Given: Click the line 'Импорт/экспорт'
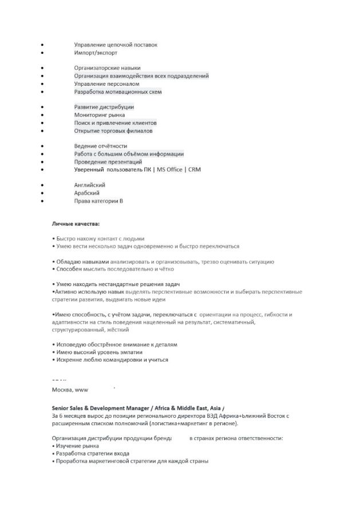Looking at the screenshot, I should (x=96, y=53).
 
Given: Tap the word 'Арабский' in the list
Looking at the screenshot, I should (x=86, y=193).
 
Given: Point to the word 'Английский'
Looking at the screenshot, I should (x=89, y=185).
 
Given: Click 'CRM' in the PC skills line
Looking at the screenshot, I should (x=195, y=170).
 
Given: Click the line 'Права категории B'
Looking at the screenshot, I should (x=98, y=201).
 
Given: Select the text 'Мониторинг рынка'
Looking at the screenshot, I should (x=99, y=115).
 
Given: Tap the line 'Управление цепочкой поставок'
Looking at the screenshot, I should (x=115, y=45).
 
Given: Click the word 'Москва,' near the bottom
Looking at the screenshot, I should (x=62, y=390).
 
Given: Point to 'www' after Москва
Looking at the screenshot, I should (x=81, y=390).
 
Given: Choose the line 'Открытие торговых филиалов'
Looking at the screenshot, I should (x=113, y=131).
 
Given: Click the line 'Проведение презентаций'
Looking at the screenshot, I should (x=108, y=162).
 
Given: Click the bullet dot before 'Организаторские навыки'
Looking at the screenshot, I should (x=42, y=68).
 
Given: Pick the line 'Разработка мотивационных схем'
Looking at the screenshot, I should (x=118, y=92).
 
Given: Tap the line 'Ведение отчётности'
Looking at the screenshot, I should (x=100, y=146).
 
